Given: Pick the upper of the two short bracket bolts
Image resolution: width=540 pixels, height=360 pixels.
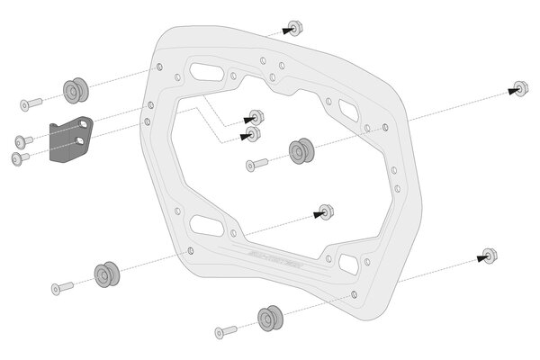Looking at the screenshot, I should click(x=23, y=140).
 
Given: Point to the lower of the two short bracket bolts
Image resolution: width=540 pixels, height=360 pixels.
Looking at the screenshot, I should click(x=20, y=157).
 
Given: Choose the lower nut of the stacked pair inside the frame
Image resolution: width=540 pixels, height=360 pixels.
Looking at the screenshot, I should click(x=252, y=134).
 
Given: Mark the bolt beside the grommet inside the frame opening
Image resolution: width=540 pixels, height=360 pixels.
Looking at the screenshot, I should click(x=257, y=164).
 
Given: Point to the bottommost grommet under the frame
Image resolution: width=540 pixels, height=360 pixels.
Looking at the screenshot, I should click(x=267, y=317).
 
